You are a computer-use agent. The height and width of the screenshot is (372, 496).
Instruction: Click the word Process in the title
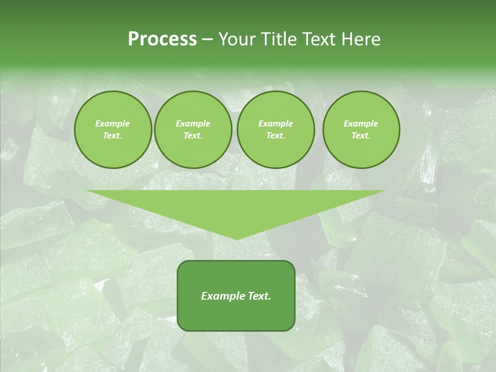(162, 39)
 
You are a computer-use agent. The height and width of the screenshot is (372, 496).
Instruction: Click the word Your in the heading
(237, 39)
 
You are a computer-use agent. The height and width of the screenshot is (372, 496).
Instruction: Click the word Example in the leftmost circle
(113, 123)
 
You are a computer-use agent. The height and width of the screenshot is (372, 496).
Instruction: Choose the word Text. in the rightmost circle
(361, 135)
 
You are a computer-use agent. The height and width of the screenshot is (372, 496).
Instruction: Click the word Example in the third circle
(275, 123)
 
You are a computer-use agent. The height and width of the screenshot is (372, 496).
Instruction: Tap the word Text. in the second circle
(193, 135)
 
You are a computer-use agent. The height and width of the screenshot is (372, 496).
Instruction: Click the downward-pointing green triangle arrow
(236, 207)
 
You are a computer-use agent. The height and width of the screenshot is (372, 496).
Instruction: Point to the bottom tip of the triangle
(236, 238)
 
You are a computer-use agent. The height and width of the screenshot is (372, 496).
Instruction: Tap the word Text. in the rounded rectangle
(259, 296)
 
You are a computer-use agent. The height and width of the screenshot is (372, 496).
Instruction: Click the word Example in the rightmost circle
(361, 123)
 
